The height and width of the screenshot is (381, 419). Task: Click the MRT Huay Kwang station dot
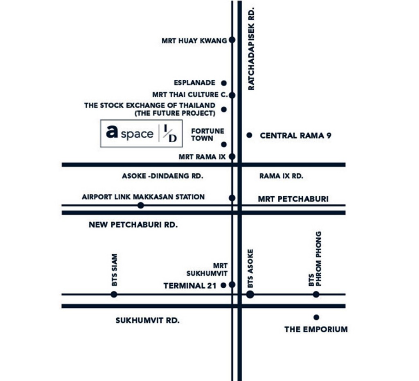[232, 40]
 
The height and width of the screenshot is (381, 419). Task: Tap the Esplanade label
[194, 83]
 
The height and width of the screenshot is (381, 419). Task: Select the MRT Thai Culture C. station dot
[232, 95]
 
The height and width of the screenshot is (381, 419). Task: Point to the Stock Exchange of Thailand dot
[224, 109]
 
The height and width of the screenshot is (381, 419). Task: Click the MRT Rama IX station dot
[232, 156]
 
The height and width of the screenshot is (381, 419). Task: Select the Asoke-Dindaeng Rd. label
[162, 177]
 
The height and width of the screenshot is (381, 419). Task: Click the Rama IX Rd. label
[281, 177]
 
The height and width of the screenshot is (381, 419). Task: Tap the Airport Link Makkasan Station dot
[141, 205]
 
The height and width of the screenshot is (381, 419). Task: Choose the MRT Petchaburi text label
[293, 199]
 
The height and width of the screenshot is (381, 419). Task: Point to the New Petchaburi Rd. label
[133, 224]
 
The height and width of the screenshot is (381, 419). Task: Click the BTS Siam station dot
[114, 294]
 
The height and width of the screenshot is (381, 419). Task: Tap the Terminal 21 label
[189, 286]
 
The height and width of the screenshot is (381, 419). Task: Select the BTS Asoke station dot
[250, 294]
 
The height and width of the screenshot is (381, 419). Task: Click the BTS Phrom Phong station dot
[316, 294]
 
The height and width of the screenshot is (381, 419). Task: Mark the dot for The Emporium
[316, 317]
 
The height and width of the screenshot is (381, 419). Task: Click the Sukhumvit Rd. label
[147, 321]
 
